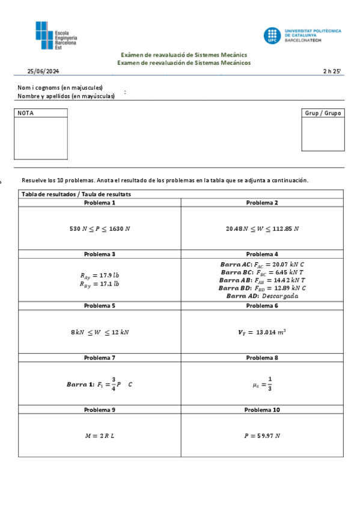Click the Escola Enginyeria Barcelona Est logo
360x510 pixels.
(x=56, y=35)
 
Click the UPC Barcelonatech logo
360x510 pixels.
(x=302, y=35)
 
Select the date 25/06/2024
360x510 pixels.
(x=43, y=72)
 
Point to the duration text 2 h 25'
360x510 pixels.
(x=331, y=72)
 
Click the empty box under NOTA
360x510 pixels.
(x=41, y=138)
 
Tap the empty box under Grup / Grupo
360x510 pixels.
(x=323, y=134)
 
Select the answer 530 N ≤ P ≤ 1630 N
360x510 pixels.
(x=100, y=229)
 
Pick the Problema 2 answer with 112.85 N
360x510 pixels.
(x=262, y=229)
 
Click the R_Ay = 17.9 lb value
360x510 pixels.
(x=100, y=275)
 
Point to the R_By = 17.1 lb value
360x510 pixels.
(x=100, y=284)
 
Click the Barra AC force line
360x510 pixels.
(x=262, y=264)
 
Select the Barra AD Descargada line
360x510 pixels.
(x=262, y=295)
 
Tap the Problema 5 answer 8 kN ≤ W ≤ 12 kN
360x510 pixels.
(x=100, y=332)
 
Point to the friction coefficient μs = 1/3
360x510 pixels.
(x=262, y=383)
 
